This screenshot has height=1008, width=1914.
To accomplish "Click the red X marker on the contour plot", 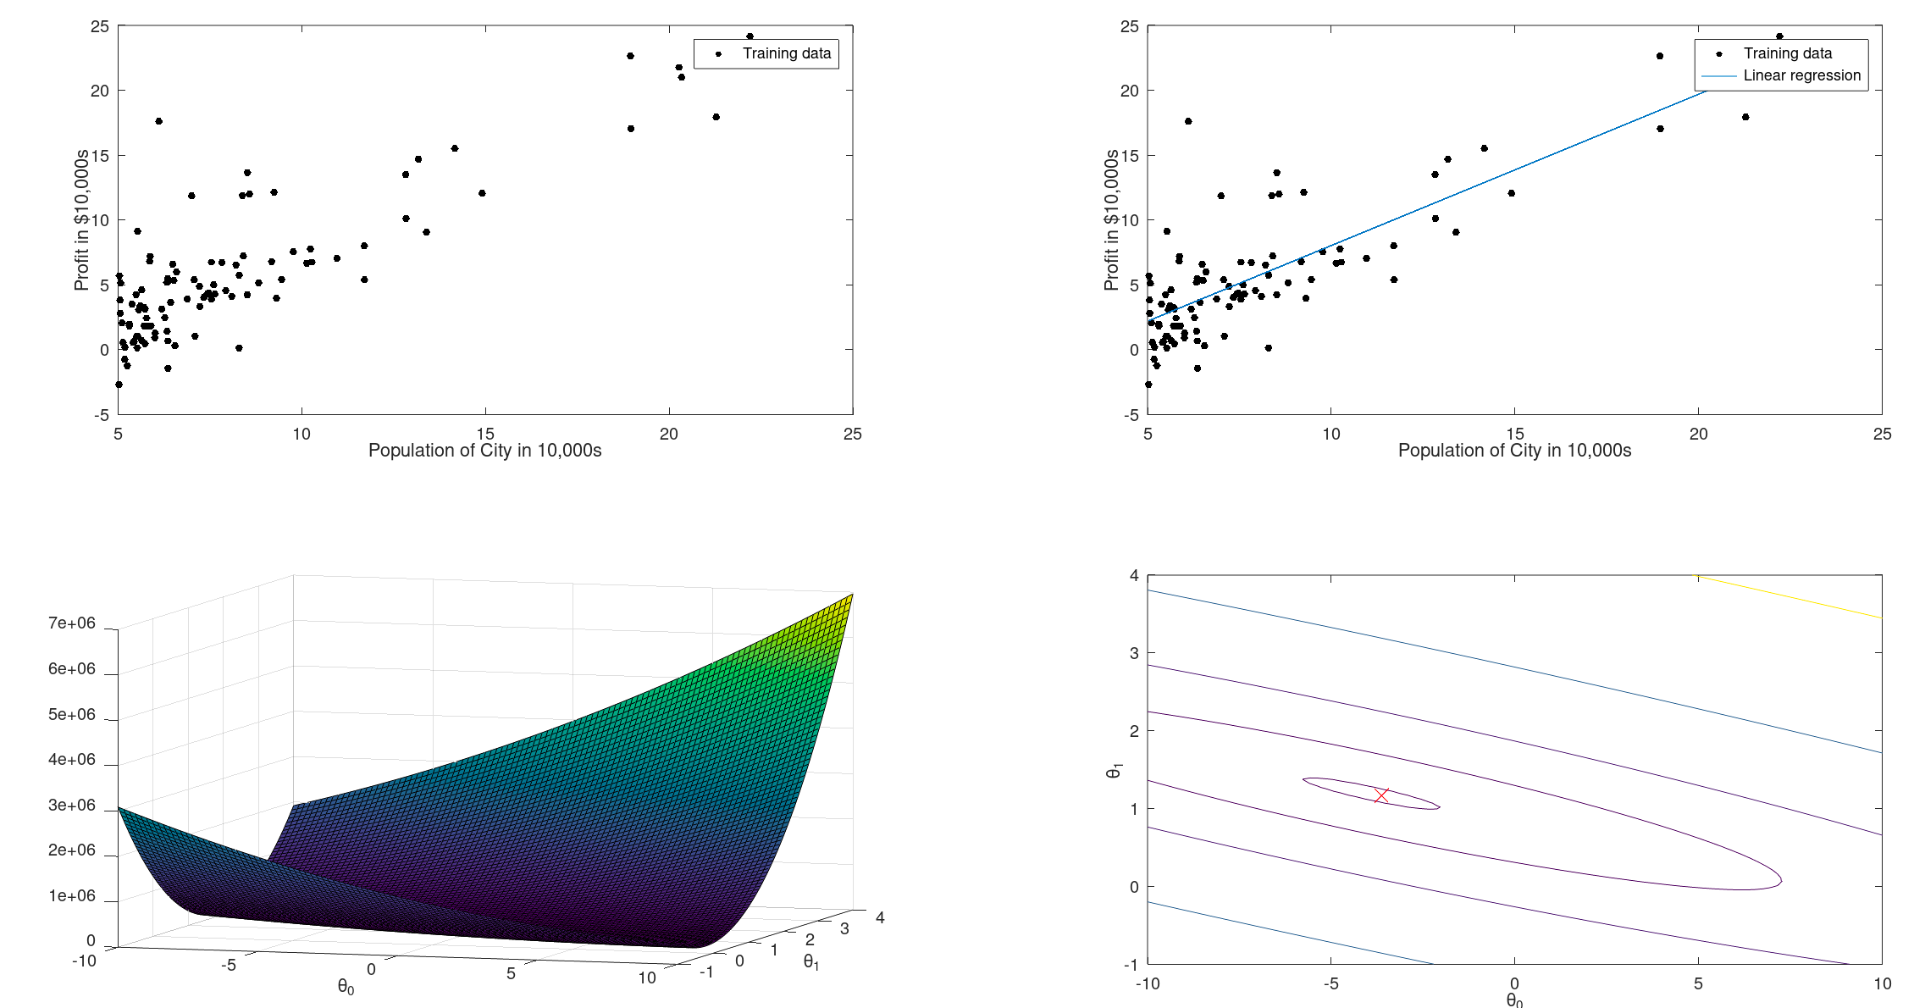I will (x=1381, y=795).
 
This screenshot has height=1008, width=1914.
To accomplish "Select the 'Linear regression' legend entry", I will (x=1801, y=75).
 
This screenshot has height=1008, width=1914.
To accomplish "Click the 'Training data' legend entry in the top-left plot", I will (x=786, y=53).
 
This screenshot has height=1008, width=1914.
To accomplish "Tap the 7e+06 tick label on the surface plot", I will (x=72, y=623).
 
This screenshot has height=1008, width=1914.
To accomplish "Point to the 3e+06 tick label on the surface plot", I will (x=72, y=805).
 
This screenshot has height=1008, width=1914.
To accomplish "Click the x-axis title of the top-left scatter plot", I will (x=484, y=451).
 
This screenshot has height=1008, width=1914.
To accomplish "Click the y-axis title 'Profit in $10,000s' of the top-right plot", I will (x=1111, y=220).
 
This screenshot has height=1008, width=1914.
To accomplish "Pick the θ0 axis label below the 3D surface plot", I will (x=346, y=987).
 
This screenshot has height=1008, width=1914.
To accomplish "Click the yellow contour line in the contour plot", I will (x=1787, y=596).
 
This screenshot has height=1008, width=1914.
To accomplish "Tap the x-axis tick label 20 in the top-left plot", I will (x=669, y=435).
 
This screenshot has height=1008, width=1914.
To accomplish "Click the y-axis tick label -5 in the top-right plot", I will (x=1131, y=415).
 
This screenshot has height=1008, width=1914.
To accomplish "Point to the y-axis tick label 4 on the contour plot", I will (x=1133, y=576).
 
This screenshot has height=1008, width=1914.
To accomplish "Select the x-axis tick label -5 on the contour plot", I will (x=1330, y=983).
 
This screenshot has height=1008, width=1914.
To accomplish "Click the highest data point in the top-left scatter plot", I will (x=750, y=36).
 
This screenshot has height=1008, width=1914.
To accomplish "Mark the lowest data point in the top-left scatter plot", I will (x=119, y=385).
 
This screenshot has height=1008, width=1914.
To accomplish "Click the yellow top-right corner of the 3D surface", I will (x=849, y=596).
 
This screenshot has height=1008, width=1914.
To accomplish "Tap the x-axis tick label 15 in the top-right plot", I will (x=1514, y=435).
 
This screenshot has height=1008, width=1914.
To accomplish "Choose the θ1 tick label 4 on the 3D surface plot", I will (x=880, y=917).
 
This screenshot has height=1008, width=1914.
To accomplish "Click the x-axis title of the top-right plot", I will (x=1514, y=451).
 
